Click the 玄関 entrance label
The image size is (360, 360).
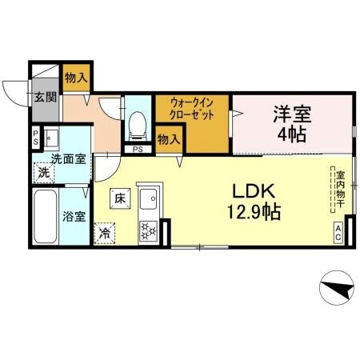45,98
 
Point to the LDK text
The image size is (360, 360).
254,193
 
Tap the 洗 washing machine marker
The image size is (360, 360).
44,171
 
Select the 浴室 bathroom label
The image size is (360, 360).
74,215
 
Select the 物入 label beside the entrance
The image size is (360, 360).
77,78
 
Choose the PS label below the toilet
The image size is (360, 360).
138,149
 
